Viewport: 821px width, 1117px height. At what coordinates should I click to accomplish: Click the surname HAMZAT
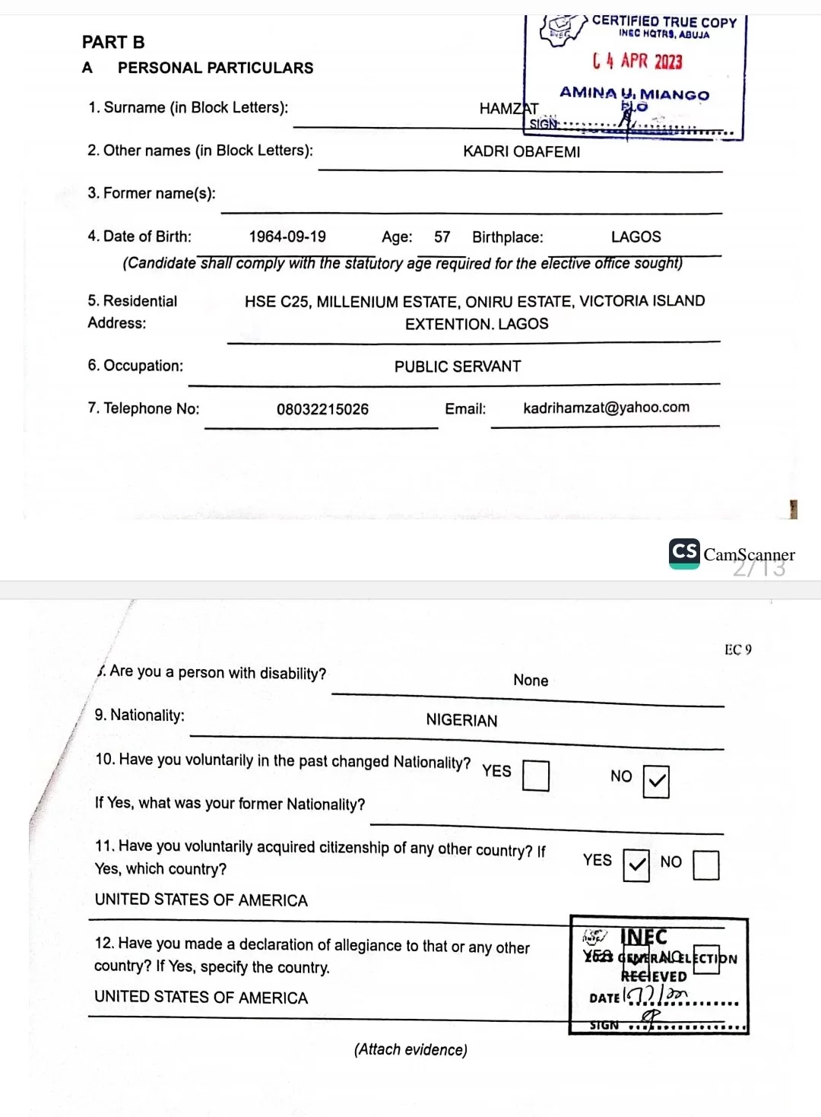point(509,109)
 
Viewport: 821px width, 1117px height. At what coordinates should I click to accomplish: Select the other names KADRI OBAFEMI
point(521,151)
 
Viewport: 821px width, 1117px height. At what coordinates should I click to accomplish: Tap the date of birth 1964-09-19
point(287,236)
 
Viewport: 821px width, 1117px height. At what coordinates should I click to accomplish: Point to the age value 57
point(442,237)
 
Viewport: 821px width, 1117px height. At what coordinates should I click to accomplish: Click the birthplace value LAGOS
point(636,236)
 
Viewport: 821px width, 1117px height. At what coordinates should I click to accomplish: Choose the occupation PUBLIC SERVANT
point(458,367)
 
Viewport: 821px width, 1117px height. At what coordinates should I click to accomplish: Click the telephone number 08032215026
point(322,409)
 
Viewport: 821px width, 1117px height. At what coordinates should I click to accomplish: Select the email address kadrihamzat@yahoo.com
point(606,408)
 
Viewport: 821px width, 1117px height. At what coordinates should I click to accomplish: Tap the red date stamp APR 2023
point(638,61)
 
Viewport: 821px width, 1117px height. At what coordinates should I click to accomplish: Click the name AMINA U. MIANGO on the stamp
point(634,94)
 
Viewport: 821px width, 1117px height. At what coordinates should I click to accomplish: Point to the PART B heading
point(113,43)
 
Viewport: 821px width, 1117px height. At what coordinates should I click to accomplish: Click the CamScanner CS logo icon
point(684,553)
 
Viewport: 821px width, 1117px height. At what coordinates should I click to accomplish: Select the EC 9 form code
point(737,649)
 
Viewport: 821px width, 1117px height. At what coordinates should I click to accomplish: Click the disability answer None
point(531,681)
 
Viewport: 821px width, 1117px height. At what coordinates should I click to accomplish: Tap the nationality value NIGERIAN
point(461,720)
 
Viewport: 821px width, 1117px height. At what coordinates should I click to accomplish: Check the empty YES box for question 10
point(536,776)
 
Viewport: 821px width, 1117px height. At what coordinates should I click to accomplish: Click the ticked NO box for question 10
point(656,782)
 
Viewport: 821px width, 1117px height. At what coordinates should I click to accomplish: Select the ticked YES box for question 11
point(636,865)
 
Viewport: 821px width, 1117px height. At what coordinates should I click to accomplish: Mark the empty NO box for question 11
point(706,865)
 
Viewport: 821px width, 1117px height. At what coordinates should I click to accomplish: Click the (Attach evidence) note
point(410,1049)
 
